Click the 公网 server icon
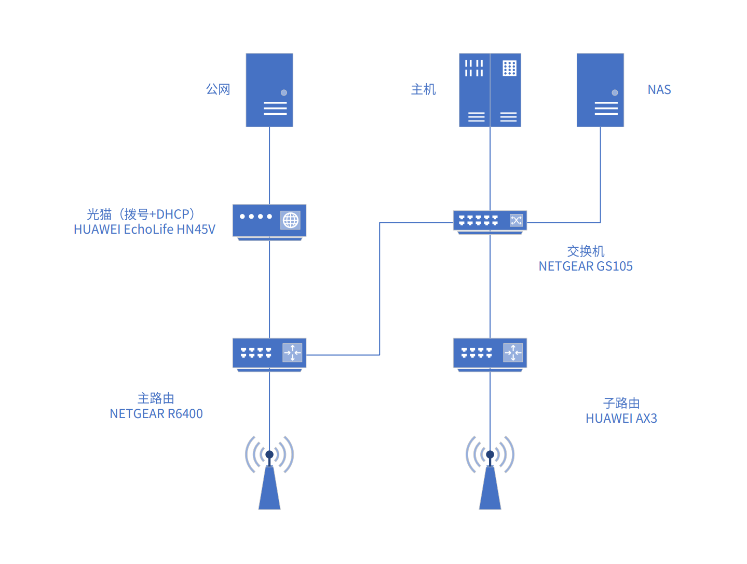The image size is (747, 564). tap(269, 90)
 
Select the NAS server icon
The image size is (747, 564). tap(600, 90)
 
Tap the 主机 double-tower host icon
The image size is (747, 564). tap(490, 90)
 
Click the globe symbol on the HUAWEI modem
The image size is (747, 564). tap(291, 220)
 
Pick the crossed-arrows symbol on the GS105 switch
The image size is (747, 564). tap(516, 221)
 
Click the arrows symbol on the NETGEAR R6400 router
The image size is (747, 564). tap(292, 353)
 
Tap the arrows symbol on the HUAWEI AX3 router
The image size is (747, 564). tap(513, 353)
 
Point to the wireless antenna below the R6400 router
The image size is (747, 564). tap(269, 473)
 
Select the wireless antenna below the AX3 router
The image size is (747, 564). tap(490, 473)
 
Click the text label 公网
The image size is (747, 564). tap(218, 89)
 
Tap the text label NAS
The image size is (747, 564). tap(659, 90)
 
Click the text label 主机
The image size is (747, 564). tap(424, 89)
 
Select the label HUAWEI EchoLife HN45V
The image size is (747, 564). tap(144, 230)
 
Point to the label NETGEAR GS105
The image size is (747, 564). tap(586, 266)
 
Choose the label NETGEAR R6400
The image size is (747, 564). tap(156, 414)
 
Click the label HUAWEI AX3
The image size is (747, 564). tap(621, 419)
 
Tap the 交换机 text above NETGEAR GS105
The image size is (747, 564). tap(586, 251)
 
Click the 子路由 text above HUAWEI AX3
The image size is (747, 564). tap(621, 403)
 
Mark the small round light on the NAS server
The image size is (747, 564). tap(615, 92)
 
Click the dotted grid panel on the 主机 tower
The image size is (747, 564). tap(509, 68)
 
